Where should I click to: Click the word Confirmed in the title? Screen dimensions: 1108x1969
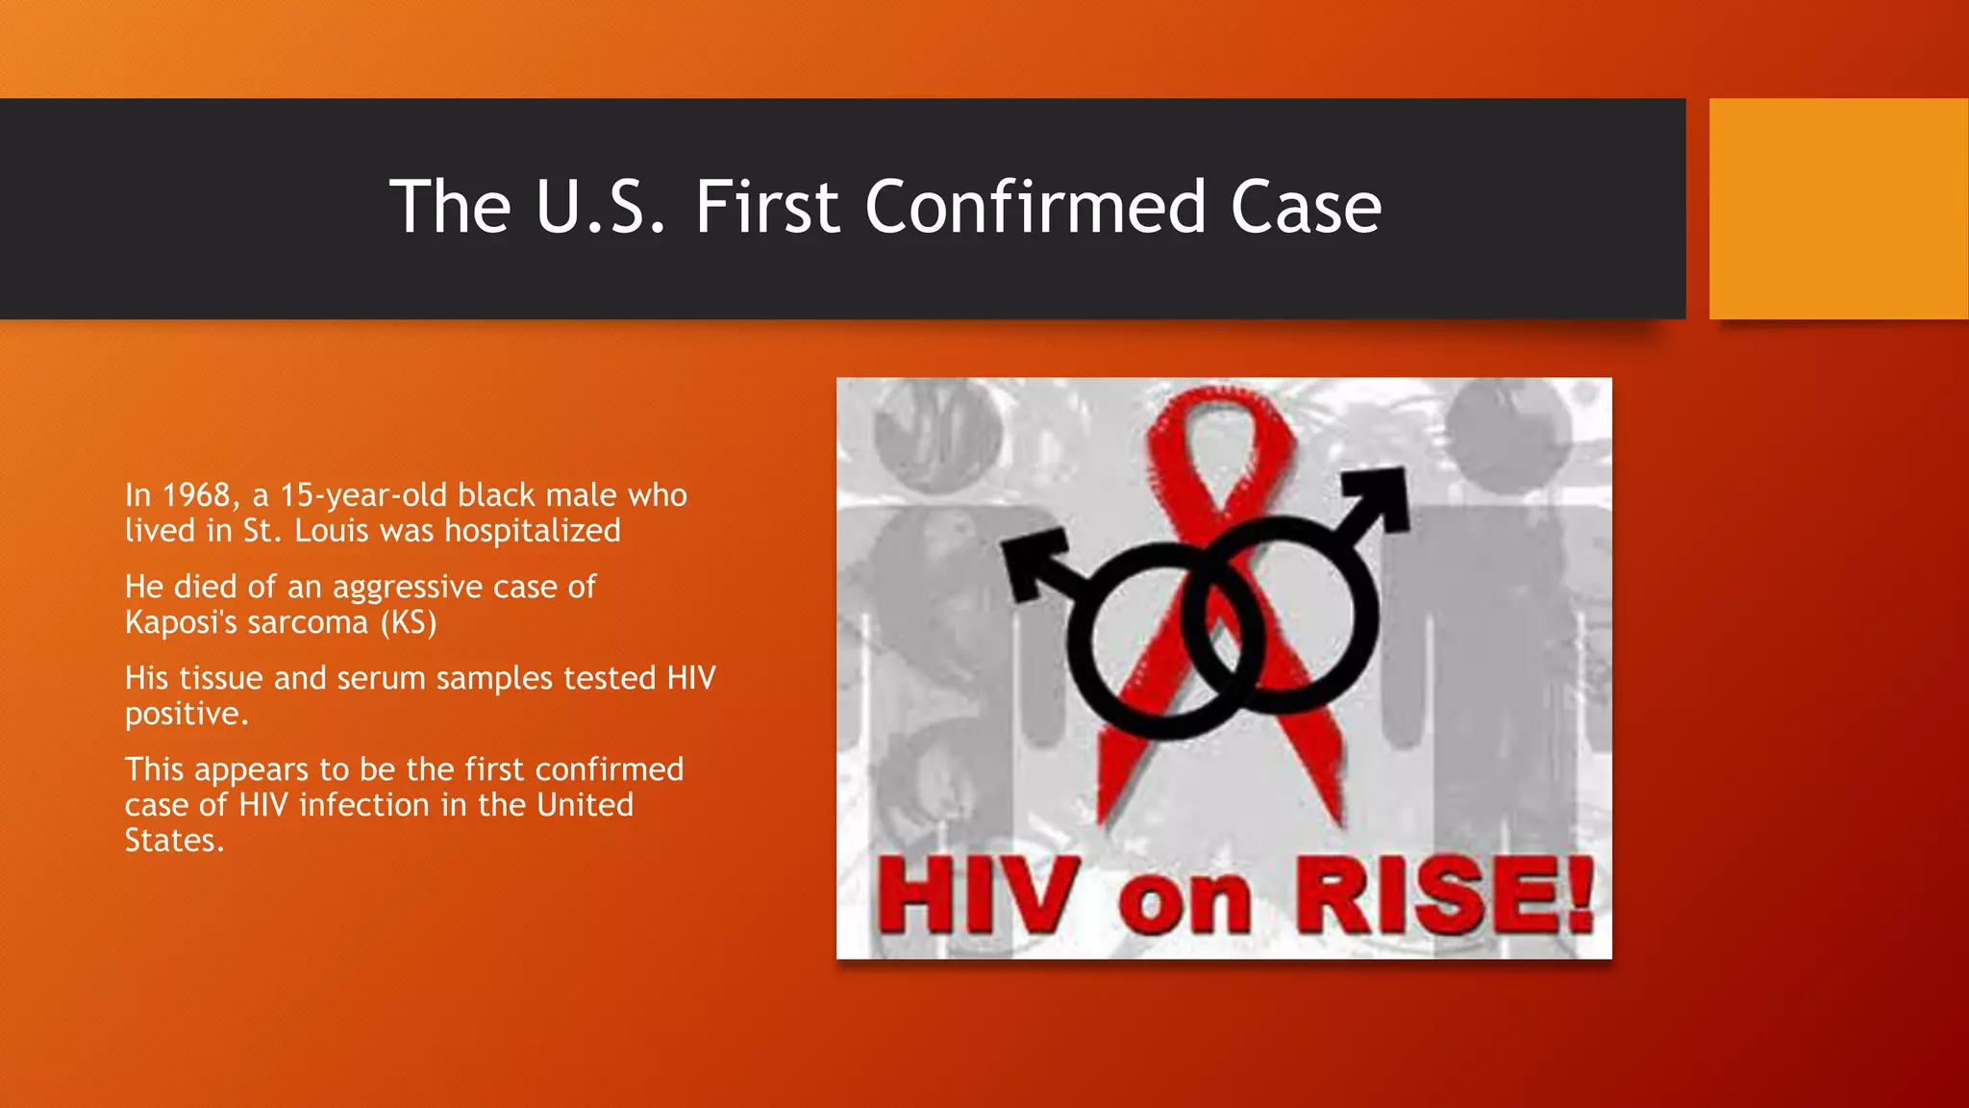coord(1034,207)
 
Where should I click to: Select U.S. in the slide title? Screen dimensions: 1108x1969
coord(600,207)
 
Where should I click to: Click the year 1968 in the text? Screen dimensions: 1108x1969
coord(197,495)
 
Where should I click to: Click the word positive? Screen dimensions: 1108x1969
coord(186,715)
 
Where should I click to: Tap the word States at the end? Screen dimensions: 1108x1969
coord(173,841)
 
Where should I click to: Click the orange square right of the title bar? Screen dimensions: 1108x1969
coord(1838,208)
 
